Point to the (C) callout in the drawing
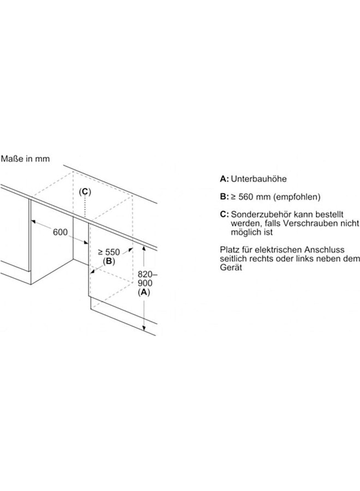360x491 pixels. point(85,191)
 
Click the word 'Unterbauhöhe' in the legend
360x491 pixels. point(259,179)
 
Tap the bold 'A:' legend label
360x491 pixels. point(224,179)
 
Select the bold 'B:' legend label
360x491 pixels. point(224,196)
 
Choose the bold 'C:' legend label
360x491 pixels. point(224,214)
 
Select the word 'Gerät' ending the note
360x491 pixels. point(231,268)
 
